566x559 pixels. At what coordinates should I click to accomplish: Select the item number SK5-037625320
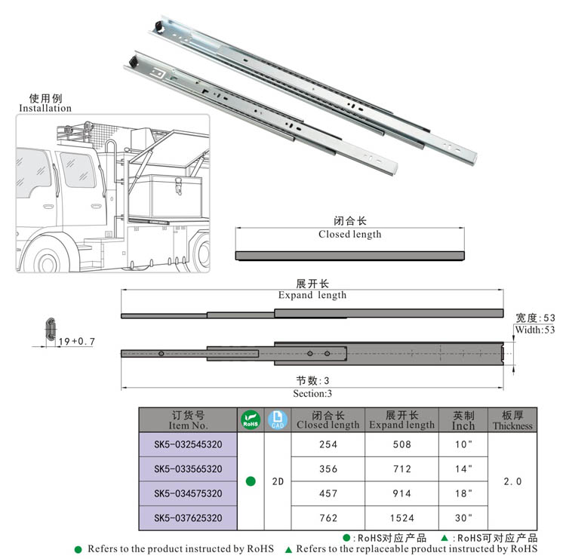(188, 518)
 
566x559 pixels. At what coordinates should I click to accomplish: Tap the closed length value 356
(328, 468)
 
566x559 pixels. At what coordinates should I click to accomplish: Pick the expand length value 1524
(401, 518)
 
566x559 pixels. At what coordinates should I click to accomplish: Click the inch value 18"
(463, 493)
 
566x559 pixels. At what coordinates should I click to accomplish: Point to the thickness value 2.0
(512, 481)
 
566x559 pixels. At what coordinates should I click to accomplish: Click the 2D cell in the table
(277, 481)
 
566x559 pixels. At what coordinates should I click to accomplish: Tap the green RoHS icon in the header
(250, 419)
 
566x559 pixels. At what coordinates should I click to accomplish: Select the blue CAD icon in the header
(277, 419)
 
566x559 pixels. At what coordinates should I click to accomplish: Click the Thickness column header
(512, 420)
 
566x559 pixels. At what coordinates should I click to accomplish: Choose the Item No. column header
(188, 420)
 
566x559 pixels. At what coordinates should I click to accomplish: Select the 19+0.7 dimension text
(76, 342)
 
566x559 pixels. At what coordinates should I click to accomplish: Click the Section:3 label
(312, 393)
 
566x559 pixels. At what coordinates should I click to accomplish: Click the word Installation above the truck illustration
(45, 108)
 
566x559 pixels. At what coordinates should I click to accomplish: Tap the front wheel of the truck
(46, 260)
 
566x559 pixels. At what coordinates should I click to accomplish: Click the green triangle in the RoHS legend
(289, 549)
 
